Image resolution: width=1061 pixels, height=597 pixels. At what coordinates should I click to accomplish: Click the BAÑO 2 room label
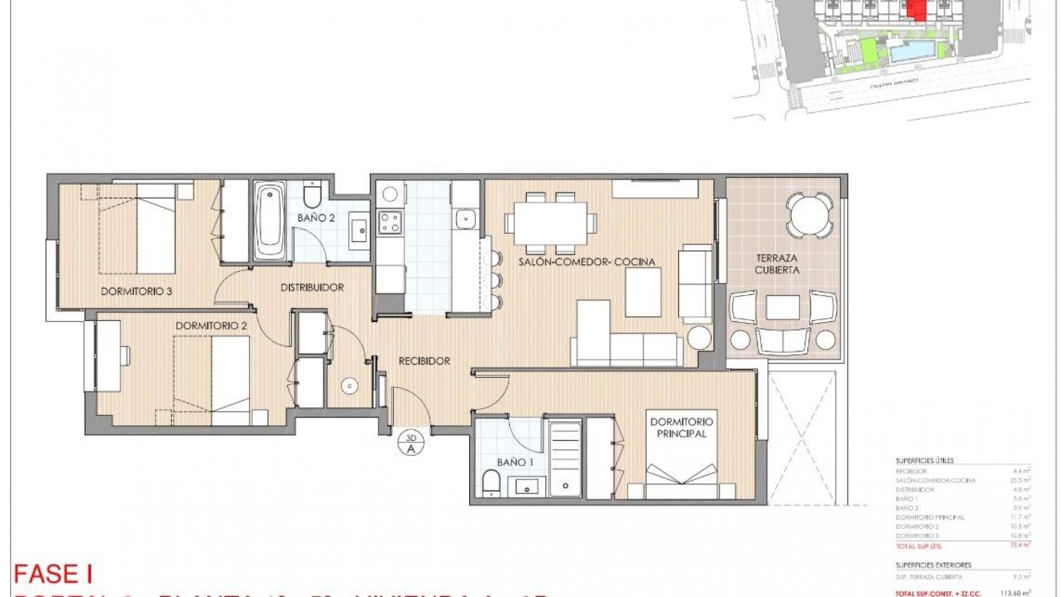point(316,218)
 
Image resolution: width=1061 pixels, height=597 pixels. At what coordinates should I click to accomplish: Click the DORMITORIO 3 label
point(136,291)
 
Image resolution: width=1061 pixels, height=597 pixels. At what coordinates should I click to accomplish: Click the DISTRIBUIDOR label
point(312,287)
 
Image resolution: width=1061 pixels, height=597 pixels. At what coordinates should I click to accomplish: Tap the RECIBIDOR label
point(424,362)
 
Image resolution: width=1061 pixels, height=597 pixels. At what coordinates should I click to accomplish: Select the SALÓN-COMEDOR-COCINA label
point(586,262)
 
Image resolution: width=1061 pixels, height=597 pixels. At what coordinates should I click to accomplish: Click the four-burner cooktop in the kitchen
point(390,223)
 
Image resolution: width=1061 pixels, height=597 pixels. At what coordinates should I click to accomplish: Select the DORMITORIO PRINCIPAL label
point(681,428)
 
